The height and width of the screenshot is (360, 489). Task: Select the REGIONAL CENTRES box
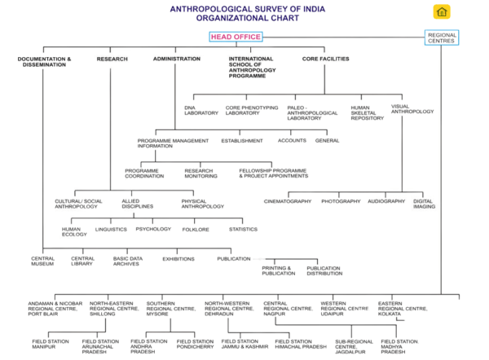tap(442, 37)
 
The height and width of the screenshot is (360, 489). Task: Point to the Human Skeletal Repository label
tap(367, 113)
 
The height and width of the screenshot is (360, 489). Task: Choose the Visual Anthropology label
tap(412, 109)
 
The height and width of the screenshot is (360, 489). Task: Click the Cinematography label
tap(288, 201)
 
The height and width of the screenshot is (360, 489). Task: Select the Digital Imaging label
tap(423, 204)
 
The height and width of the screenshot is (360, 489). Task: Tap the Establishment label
tap(242, 140)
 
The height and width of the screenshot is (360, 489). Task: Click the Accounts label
tap(292, 140)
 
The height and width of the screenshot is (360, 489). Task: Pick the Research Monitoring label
tap(201, 173)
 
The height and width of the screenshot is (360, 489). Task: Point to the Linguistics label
tap(111, 230)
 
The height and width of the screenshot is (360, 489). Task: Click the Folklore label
tap(196, 230)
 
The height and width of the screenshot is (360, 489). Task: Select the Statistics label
tap(243, 230)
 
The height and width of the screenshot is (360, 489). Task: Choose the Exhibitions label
tap(178, 259)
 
